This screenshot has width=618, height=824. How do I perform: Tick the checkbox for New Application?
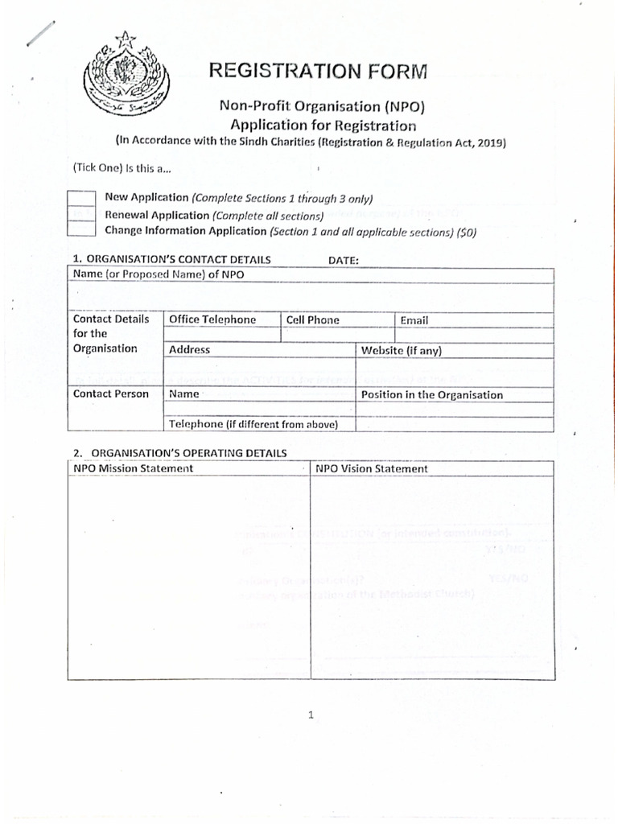81,199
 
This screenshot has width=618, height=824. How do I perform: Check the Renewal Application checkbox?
81,214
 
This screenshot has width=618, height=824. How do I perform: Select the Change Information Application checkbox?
81,229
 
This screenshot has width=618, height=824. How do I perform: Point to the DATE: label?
344,260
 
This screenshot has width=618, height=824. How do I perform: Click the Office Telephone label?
212,320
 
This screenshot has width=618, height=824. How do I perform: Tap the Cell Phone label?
313,320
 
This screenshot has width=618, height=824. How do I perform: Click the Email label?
414,320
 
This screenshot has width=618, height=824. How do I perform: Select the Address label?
189,350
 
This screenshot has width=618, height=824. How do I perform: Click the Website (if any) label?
402,351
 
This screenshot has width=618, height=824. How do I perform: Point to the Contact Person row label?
111,394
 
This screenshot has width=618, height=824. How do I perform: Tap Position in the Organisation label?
432,395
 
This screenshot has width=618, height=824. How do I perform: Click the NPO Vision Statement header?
372,468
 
